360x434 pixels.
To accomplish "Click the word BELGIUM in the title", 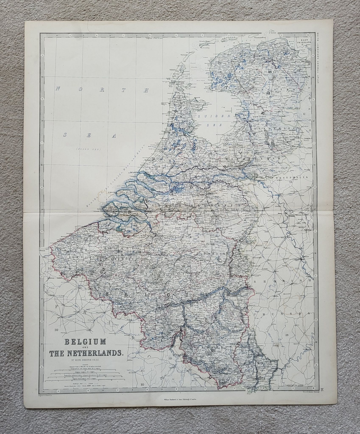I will click(87, 341).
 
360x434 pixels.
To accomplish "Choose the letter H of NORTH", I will click(146, 90).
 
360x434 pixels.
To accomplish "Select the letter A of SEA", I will click(114, 135).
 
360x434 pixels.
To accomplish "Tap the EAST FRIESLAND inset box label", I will click(303, 45).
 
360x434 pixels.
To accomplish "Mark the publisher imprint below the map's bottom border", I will click(179, 400).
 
